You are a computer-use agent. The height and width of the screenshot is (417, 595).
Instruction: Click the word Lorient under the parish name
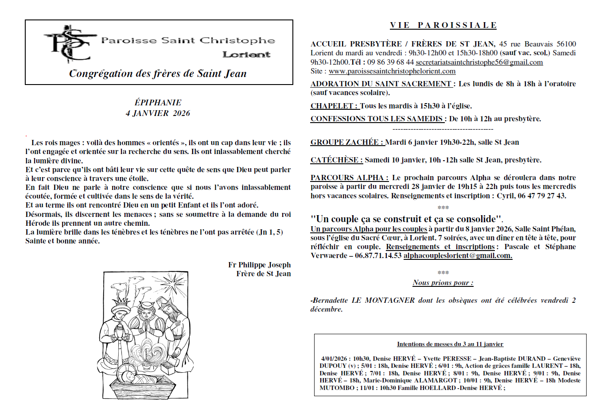tap(246, 54)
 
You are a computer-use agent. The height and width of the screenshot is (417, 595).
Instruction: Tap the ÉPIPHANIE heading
tap(158, 103)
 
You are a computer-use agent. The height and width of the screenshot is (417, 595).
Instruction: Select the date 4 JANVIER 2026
tap(158, 113)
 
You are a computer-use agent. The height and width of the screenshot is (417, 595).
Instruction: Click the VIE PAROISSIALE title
tap(443, 25)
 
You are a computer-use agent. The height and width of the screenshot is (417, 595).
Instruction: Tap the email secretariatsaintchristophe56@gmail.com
tap(479, 62)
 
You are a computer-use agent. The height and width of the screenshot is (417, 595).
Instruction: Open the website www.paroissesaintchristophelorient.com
tap(392, 71)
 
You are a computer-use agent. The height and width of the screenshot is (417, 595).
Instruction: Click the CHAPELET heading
tap(334, 106)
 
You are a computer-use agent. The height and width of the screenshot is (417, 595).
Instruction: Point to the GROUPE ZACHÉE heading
tap(347, 142)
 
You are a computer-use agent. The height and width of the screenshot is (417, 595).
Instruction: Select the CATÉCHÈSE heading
tap(336, 160)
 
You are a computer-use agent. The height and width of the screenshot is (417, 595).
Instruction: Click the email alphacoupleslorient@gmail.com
tap(458, 255)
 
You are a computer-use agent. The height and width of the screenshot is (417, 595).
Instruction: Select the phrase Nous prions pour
tap(443, 282)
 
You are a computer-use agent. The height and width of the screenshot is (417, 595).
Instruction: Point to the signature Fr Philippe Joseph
tap(259, 265)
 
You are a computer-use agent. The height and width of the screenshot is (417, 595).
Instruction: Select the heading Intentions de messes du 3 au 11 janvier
tap(450, 344)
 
